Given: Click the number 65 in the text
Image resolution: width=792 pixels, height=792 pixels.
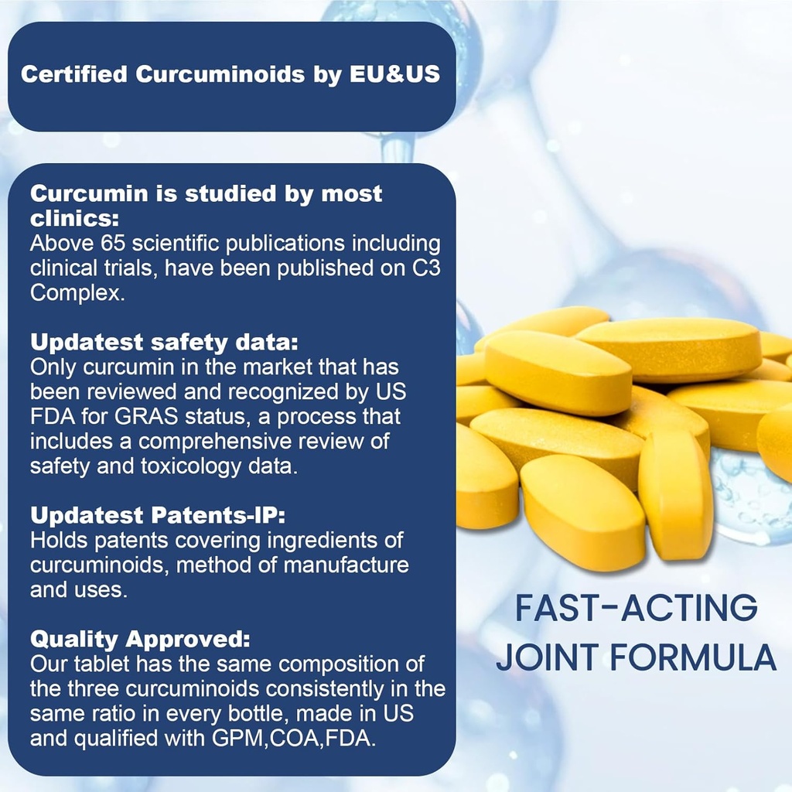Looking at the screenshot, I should pos(116,244).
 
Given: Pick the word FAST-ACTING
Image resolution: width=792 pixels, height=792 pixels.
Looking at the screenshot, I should pos(637,609).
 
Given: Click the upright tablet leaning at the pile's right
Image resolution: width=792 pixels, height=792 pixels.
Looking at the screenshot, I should pos(675,495).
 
